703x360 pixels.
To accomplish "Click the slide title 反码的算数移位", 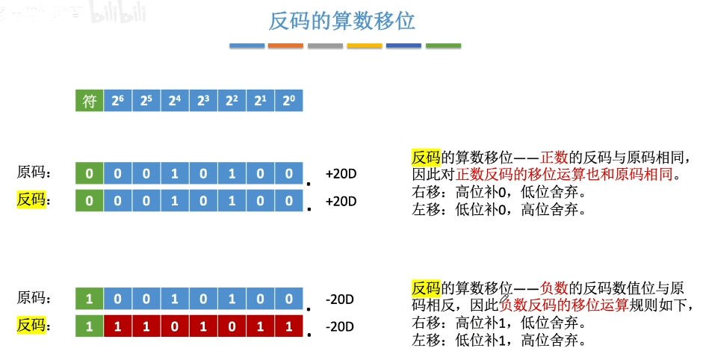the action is click(341, 21).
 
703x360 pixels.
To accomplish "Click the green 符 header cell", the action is click(90, 102).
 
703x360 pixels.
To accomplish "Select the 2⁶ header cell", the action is click(118, 102).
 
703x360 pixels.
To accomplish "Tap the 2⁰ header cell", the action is click(288, 102).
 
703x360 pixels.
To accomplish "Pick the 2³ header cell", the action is click(203, 102).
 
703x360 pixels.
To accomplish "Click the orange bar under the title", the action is click(285, 46).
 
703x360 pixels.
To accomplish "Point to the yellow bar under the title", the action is click(364, 46).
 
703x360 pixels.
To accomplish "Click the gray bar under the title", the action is click(325, 46).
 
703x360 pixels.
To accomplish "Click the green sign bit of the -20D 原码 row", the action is click(90, 299).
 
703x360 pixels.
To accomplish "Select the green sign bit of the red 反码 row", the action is click(90, 326).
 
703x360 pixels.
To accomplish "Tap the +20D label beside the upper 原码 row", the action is click(341, 174).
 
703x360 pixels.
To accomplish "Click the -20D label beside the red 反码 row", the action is click(340, 327).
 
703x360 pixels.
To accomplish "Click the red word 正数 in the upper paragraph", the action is click(555, 158).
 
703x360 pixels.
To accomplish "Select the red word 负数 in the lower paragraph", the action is click(555, 288).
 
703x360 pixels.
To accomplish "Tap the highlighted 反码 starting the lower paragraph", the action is click(426, 288).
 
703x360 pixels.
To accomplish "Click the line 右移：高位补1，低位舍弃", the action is click(498, 324).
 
